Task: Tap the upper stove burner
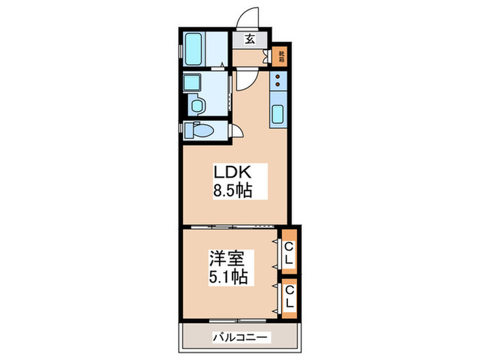click(x=278, y=77)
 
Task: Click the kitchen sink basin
click(x=278, y=114)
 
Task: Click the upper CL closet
click(x=290, y=253)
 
